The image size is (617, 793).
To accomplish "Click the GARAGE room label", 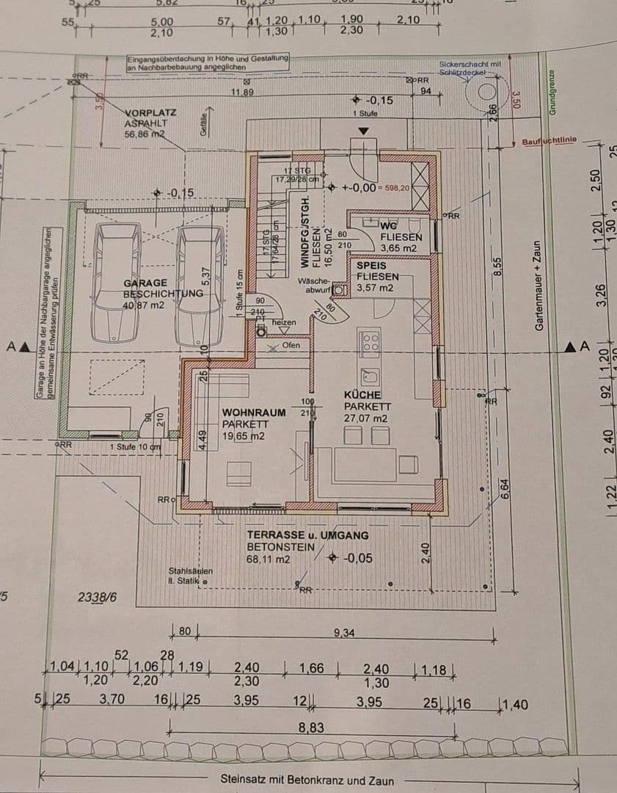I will tap(145, 283).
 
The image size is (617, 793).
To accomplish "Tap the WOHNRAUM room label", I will tap(254, 413).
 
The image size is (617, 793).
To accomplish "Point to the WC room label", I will tap(388, 225).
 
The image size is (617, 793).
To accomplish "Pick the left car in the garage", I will tap(115, 283).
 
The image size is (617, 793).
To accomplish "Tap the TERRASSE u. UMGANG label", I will tap(307, 536).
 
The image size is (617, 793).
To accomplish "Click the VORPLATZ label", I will tap(151, 114).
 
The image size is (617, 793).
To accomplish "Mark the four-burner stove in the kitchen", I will tap(369, 342).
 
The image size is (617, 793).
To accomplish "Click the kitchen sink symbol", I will tap(369, 377).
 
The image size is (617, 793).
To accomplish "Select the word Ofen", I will tap(291, 344).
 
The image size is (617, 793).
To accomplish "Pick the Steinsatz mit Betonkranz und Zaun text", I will tap(307, 781).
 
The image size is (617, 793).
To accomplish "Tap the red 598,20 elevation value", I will tap(395, 188).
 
